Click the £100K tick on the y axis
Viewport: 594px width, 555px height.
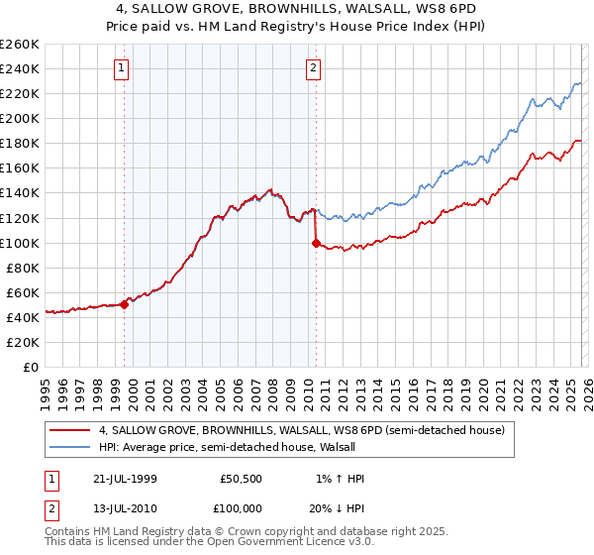pos(20,243)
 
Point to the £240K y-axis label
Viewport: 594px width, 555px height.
pos(20,68)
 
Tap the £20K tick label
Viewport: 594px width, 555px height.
pos(23,342)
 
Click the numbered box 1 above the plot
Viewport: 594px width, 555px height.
pos(121,68)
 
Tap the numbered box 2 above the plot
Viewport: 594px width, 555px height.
pos(313,68)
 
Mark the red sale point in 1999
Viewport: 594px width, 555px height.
pos(125,304)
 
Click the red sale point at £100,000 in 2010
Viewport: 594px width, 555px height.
pos(316,242)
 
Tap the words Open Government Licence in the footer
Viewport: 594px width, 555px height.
pos(297,542)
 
